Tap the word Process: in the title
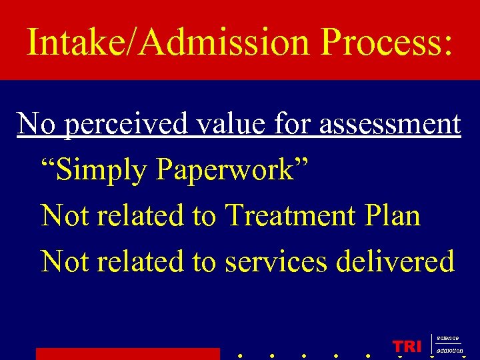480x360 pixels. pyautogui.click(x=386, y=43)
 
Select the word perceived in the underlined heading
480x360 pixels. pyautogui.click(x=123, y=125)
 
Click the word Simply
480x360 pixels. pyautogui.click(x=103, y=171)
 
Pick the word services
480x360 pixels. pyautogui.click(x=276, y=261)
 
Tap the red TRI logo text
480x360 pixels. pyautogui.click(x=407, y=346)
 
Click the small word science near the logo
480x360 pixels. pyautogui.click(x=448, y=339)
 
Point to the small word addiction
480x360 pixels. pyautogui.click(x=449, y=351)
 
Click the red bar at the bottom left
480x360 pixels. pyautogui.click(x=127, y=353)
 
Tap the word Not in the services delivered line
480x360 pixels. pyautogui.click(x=65, y=261)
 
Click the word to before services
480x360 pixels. pyautogui.click(x=204, y=261)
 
